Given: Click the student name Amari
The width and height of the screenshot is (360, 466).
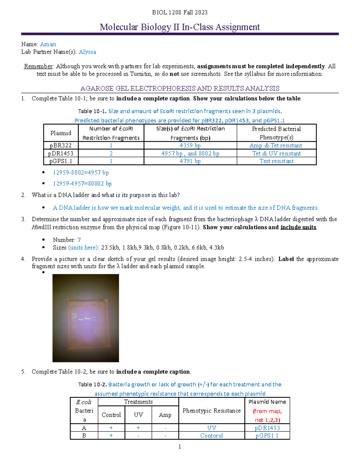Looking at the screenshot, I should (x=48, y=44).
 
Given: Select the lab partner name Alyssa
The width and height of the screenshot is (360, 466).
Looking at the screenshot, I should (x=87, y=52).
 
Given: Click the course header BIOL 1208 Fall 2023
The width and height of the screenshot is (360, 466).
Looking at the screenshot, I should (x=180, y=12).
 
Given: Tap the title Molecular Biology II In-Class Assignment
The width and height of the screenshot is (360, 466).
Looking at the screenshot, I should (x=180, y=27).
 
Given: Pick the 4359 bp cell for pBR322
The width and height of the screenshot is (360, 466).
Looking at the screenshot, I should (x=190, y=146).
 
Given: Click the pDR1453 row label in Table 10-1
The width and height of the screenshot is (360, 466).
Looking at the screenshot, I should (x=61, y=153).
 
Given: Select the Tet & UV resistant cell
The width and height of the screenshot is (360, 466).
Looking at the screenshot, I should (x=276, y=153).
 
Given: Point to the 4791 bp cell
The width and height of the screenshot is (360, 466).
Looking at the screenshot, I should (x=190, y=161).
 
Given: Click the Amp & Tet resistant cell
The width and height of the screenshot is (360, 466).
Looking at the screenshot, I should (x=276, y=146).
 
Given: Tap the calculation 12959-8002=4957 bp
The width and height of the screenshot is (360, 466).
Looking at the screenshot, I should (x=81, y=173).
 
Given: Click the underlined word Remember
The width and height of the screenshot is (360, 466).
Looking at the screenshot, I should (x=38, y=66).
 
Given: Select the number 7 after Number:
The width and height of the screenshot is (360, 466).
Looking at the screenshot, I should (x=79, y=240).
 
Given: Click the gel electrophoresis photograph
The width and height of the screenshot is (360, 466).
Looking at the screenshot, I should (x=86, y=318).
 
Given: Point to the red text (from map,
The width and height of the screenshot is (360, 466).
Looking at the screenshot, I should (x=267, y=411).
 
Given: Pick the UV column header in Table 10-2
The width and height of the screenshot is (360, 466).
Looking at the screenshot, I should (x=138, y=415).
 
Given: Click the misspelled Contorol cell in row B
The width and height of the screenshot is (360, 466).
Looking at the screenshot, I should (x=211, y=436).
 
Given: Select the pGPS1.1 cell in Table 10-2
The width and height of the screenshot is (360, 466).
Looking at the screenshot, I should (x=267, y=436).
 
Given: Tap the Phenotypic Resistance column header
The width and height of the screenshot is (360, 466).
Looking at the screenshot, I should (x=211, y=410).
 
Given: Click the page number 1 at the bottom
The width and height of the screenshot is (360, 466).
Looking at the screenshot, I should (x=180, y=447).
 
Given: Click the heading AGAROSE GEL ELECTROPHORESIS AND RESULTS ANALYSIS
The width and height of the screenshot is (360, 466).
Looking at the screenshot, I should (x=180, y=89).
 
